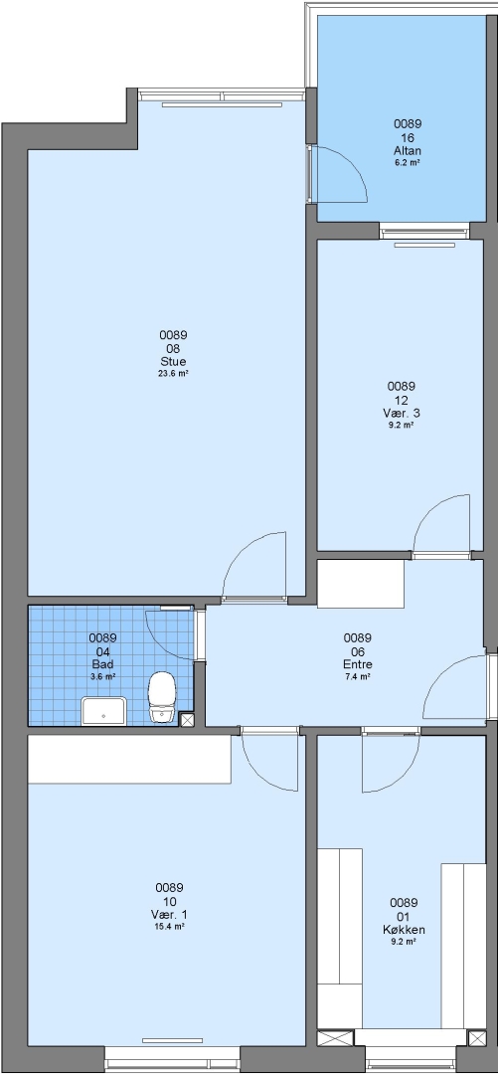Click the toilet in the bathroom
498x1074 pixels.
click(162, 696)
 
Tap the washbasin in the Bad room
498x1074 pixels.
click(104, 711)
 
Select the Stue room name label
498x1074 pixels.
click(173, 362)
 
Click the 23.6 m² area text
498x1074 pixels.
click(173, 374)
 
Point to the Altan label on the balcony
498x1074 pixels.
click(407, 151)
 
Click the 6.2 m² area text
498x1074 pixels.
click(407, 163)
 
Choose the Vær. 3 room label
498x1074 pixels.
click(402, 413)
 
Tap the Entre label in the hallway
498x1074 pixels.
click(358, 663)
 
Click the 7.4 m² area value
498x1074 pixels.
click(358, 677)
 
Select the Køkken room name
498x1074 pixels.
click(404, 930)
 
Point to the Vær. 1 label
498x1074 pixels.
click(169, 915)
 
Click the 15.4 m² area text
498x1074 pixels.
click(169, 927)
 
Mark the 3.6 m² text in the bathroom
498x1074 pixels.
click(102, 677)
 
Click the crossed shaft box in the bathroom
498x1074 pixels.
click(186, 719)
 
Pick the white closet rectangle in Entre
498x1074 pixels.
click(360, 585)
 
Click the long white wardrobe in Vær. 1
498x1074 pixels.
click(129, 759)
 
